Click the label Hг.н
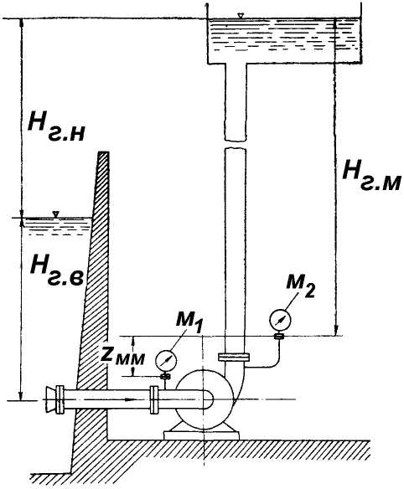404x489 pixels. coord(56,126)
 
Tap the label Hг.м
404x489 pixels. coord(371,174)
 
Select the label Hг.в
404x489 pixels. coord(57,270)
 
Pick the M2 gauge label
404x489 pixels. coord(300,286)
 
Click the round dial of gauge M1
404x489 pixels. coord(166,361)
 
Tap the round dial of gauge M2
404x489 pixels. coord(280,320)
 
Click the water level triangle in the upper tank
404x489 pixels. coord(240,16)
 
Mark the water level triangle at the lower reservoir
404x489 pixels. coord(56,214)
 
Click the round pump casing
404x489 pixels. coord(205,399)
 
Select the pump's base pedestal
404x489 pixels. coord(201,433)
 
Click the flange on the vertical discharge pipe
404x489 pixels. coord(234,357)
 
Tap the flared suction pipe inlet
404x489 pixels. coord(50,399)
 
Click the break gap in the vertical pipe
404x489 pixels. coord(236,144)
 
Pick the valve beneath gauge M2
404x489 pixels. coord(279,336)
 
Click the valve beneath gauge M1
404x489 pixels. coord(165,377)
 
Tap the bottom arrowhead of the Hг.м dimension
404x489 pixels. coord(336,332)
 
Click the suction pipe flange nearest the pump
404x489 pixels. coord(153,399)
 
